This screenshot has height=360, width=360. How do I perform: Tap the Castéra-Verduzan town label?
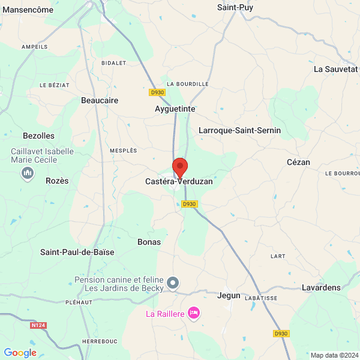tap(179, 181)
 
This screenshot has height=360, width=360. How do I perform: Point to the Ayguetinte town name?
tap(175, 109)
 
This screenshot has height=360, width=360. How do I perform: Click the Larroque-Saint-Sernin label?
tap(239, 130)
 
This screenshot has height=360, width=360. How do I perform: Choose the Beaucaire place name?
tap(100, 101)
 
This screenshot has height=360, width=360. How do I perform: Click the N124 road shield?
tap(38, 325)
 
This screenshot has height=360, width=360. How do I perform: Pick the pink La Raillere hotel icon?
tap(193, 313)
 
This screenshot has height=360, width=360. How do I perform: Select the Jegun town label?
tap(228, 296)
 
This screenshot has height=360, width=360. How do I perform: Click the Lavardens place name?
tap(321, 288)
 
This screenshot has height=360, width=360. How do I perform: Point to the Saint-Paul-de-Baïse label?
tap(77, 252)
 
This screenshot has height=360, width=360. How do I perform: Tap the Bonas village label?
tap(149, 242)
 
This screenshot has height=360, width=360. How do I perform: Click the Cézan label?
tap(298, 162)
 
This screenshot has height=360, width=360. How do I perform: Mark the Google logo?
tap(20, 353)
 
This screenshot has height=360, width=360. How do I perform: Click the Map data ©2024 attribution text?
tap(334, 355)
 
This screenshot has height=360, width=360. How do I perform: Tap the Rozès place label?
tap(57, 181)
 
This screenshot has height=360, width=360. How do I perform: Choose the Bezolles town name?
tap(38, 136)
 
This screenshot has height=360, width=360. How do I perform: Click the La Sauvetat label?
tap(335, 69)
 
